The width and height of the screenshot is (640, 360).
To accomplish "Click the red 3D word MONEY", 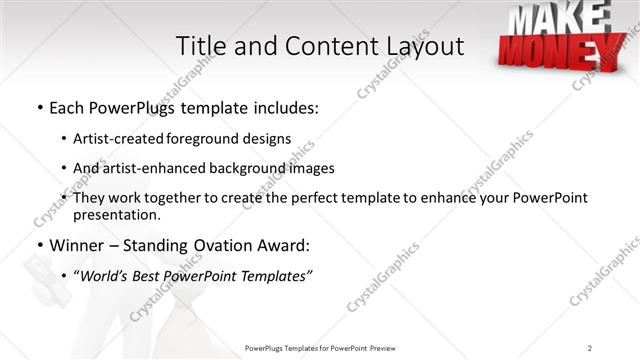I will point(555,50).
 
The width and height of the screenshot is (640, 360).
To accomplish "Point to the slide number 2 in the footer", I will point(590,347).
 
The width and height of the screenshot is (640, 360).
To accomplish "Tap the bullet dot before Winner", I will point(39,245).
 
